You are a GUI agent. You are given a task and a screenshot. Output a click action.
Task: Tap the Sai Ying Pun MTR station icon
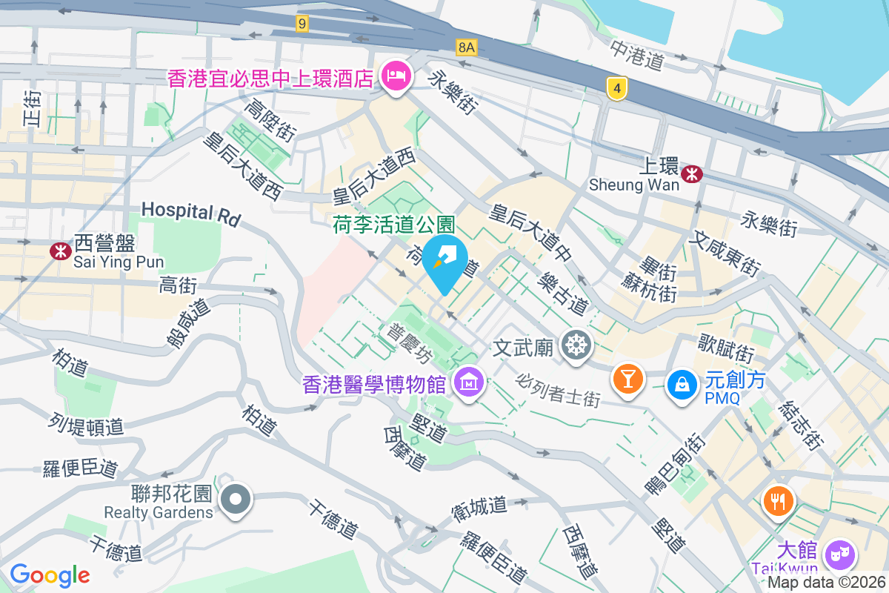tap(61, 251)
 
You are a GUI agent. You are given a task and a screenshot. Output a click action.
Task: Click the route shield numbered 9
tap(301, 24)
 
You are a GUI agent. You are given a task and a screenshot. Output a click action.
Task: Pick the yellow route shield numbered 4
tap(616, 88)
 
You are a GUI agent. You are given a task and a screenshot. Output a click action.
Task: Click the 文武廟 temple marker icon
tap(576, 345)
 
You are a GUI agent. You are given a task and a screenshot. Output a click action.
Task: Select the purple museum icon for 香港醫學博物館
tap(469, 383)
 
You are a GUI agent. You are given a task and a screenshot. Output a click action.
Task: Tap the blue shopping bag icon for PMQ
tap(679, 383)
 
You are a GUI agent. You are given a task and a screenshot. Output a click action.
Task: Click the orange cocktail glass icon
tap(627, 379)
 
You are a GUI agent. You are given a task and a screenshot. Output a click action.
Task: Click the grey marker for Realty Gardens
tap(236, 499)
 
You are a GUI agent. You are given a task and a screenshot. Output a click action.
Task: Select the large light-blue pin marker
tap(444, 263)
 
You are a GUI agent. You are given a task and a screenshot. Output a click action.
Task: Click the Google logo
tap(50, 575)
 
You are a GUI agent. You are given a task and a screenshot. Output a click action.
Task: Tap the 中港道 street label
tap(636, 54)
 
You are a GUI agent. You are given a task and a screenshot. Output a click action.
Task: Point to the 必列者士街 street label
tap(558, 388)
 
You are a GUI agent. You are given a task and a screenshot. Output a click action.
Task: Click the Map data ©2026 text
tap(826, 583)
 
